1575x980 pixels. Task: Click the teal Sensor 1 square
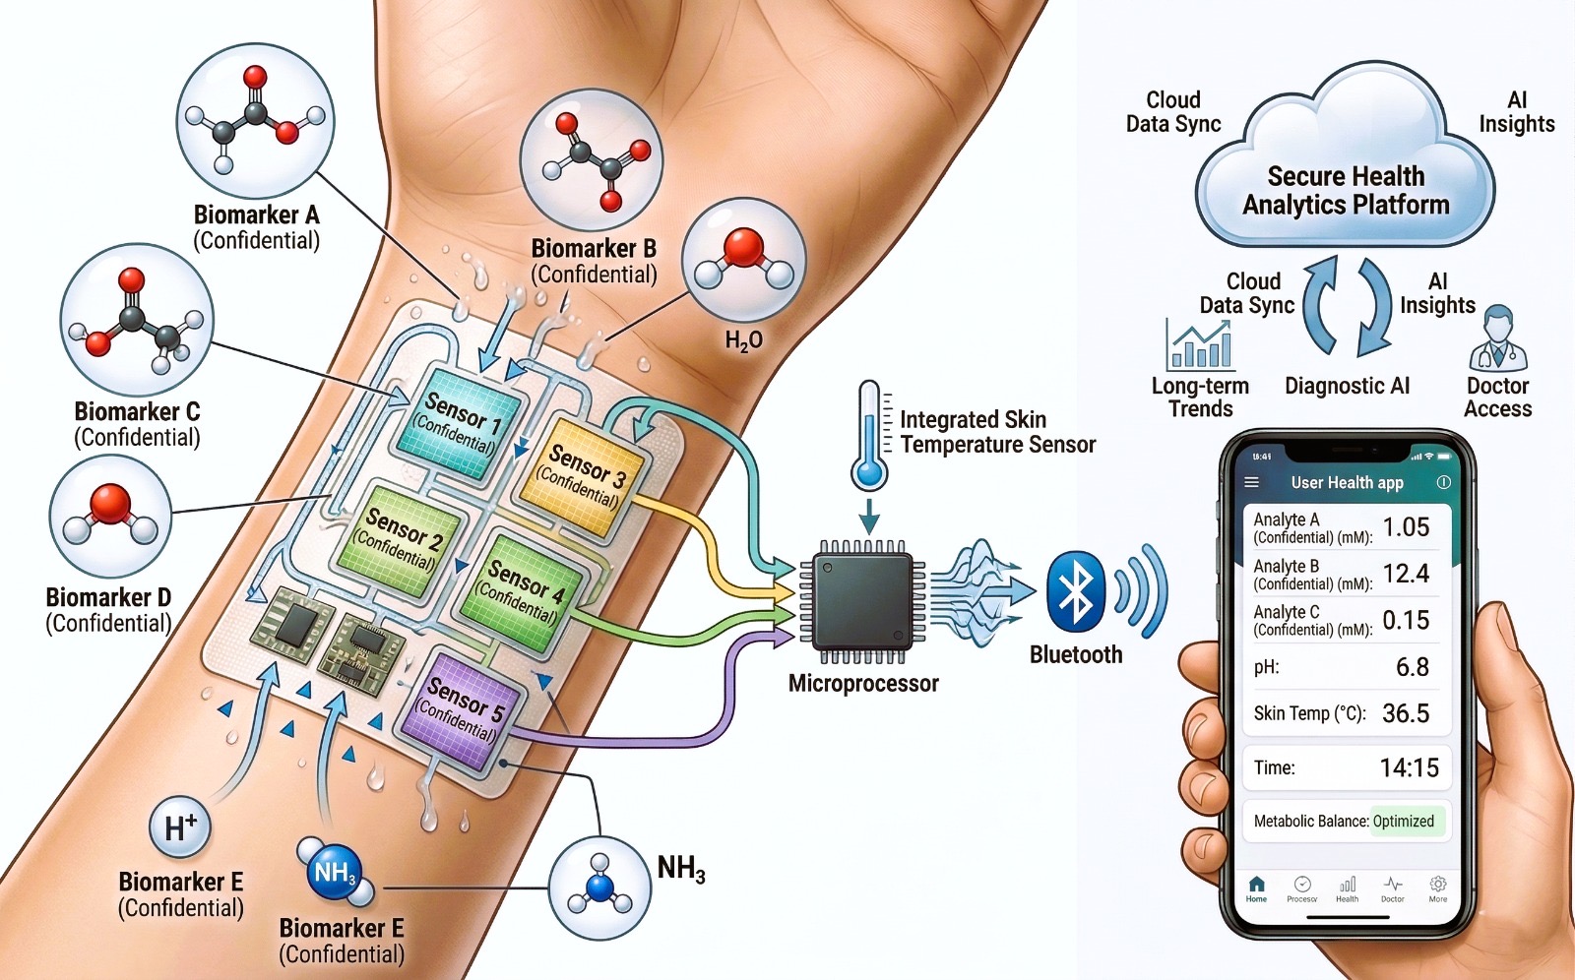coord(457,421)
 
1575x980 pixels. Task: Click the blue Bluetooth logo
coord(1076,592)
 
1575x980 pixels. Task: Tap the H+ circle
coord(180,827)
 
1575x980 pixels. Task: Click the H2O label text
coord(743,341)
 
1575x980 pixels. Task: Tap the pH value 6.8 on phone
coord(1412,667)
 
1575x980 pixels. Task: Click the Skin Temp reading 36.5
coord(1406,713)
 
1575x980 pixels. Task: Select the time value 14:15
coord(1409,767)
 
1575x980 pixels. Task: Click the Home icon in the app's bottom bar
coord(1256,887)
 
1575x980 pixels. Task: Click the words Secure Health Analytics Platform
coord(1346,190)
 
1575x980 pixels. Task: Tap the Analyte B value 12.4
coord(1406,574)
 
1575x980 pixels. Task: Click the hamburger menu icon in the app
coord(1252,482)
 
